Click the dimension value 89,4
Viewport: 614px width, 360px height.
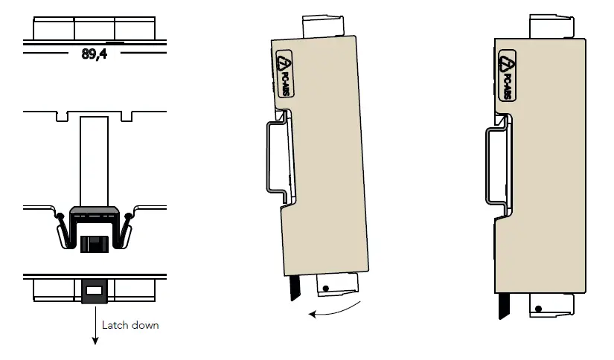click(94, 55)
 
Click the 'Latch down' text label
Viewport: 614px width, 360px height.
click(130, 325)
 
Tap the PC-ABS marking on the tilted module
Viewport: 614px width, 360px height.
click(284, 75)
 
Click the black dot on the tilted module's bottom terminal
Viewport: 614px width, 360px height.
click(324, 289)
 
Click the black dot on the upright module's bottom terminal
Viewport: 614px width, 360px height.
click(537, 308)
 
